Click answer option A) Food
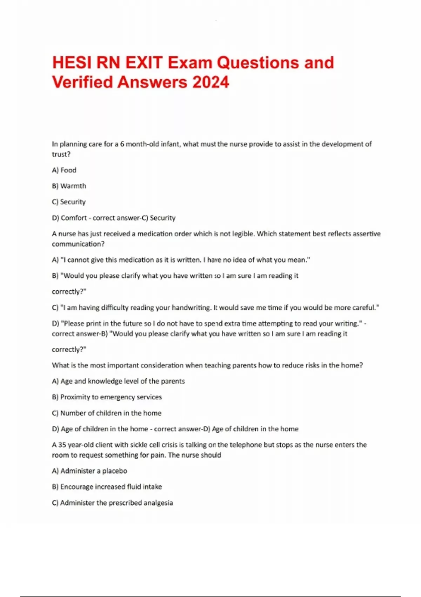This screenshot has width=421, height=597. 64,170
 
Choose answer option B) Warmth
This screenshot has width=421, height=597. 69,186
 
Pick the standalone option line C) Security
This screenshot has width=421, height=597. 69,202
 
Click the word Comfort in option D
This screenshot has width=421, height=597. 74,218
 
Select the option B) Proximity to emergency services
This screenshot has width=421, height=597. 107,397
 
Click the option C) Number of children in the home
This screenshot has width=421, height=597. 107,413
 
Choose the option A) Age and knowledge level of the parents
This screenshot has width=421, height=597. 118,381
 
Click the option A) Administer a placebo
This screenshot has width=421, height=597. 89,471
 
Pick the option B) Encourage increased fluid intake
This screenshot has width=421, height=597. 107,487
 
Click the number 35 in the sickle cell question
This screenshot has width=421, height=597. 62,445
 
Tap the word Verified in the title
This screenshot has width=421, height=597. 82,83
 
